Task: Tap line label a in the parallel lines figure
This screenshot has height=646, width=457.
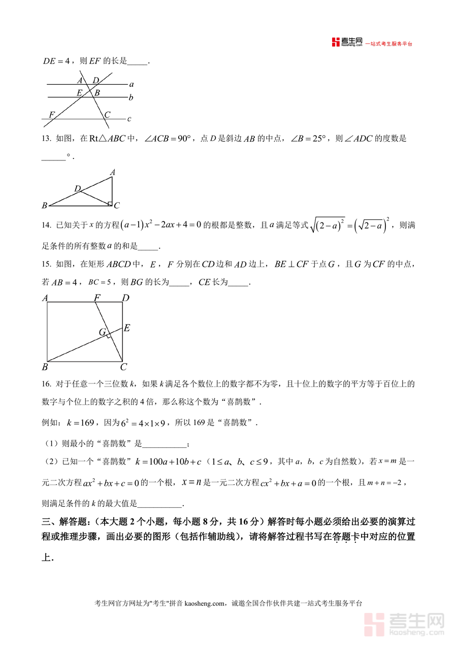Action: point(131,84)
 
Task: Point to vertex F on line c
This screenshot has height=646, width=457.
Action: point(51,115)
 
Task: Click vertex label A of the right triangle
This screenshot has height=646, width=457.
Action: point(112,173)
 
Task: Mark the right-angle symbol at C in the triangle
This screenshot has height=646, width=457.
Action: point(109,204)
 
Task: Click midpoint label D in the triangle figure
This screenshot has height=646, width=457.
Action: point(77,189)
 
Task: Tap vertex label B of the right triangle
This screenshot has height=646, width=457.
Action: point(45,206)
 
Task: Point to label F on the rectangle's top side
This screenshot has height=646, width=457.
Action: point(96,298)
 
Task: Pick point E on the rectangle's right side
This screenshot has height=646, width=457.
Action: point(126,328)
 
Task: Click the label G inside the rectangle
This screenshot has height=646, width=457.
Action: point(102,333)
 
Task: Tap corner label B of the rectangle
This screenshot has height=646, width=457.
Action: point(45,367)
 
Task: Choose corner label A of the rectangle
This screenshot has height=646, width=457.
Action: point(45,298)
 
